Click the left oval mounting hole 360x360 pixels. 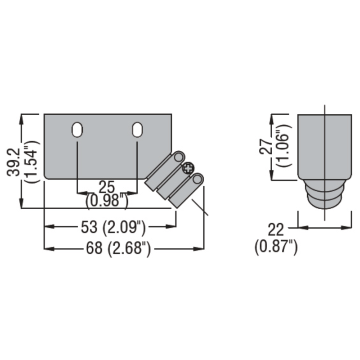[x=77, y=129]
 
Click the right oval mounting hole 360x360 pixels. [x=137, y=129]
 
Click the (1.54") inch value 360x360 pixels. [x=32, y=161]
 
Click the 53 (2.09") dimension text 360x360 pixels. [x=113, y=228]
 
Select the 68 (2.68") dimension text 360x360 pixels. [x=118, y=249]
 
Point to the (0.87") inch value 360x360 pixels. [x=276, y=248]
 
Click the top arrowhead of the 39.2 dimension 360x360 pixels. [x=21, y=118]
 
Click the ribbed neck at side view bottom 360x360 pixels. [x=324, y=194]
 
